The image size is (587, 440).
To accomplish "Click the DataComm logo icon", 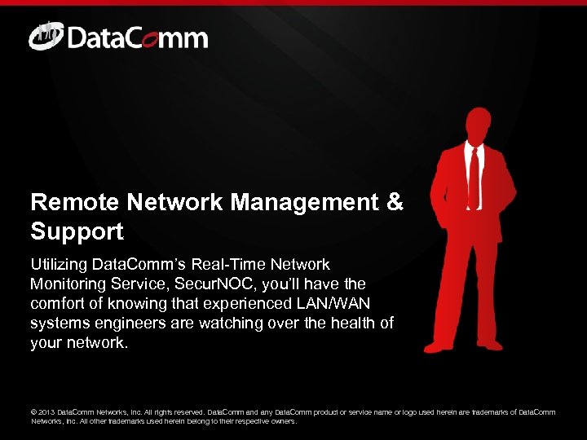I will click(x=45, y=36).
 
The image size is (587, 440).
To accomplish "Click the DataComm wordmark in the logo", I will click(x=138, y=38).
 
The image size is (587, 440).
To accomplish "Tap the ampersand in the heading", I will click(x=395, y=202).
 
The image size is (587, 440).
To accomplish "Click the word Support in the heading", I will click(x=77, y=231).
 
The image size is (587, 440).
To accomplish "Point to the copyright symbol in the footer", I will click(x=34, y=412).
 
